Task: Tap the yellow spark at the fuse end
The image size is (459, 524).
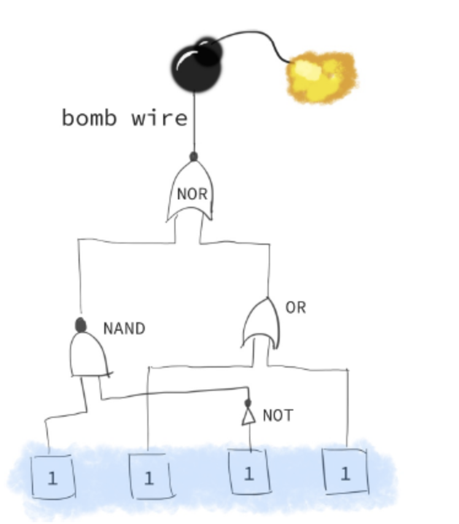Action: [x=321, y=77]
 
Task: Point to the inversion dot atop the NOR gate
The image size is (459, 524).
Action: [x=194, y=157]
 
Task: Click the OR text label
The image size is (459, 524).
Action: [x=295, y=307]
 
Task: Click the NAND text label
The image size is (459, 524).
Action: [x=124, y=329]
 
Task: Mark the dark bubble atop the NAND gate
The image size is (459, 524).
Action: [x=80, y=325]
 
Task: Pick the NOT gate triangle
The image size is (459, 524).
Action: [x=248, y=417]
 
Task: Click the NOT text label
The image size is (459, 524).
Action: [x=277, y=415]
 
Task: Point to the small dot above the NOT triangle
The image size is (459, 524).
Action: [x=248, y=403]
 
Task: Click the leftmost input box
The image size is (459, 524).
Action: [x=53, y=477]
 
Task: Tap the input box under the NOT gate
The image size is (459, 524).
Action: [x=249, y=473]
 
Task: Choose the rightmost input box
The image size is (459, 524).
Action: [x=345, y=472]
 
